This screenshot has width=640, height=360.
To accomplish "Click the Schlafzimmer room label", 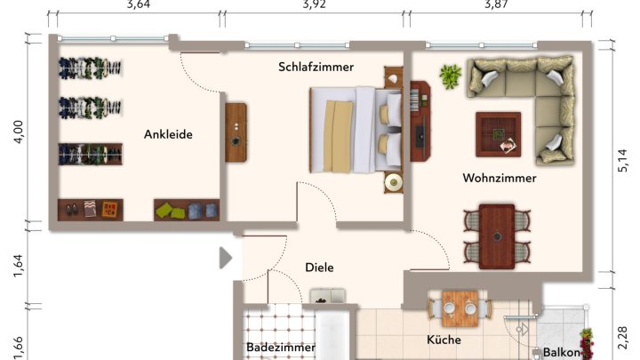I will pyautogui.click(x=316, y=67).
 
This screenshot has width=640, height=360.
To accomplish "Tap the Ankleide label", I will pyautogui.click(x=168, y=134).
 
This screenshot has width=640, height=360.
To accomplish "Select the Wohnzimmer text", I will pyautogui.click(x=499, y=178).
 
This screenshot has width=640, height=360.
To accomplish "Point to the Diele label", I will pyautogui.click(x=318, y=266).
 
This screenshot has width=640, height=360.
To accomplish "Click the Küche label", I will pyautogui.click(x=443, y=340).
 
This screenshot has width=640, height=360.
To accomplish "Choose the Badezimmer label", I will pyautogui.click(x=281, y=347).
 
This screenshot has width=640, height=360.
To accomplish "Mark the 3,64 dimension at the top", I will pyautogui.click(x=139, y=4).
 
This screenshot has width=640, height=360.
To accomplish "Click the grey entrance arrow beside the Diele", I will pyautogui.click(x=225, y=258).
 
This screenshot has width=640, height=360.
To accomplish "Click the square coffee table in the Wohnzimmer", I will pyautogui.click(x=499, y=134).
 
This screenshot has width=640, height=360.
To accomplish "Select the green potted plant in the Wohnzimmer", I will pyautogui.click(x=451, y=76).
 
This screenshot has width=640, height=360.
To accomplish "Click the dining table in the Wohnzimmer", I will pyautogui.click(x=497, y=236).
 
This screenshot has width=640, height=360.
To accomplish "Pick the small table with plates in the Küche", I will pyautogui.click(x=460, y=308).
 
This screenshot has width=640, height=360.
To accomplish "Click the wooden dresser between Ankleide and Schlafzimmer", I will pyautogui.click(x=236, y=132).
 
